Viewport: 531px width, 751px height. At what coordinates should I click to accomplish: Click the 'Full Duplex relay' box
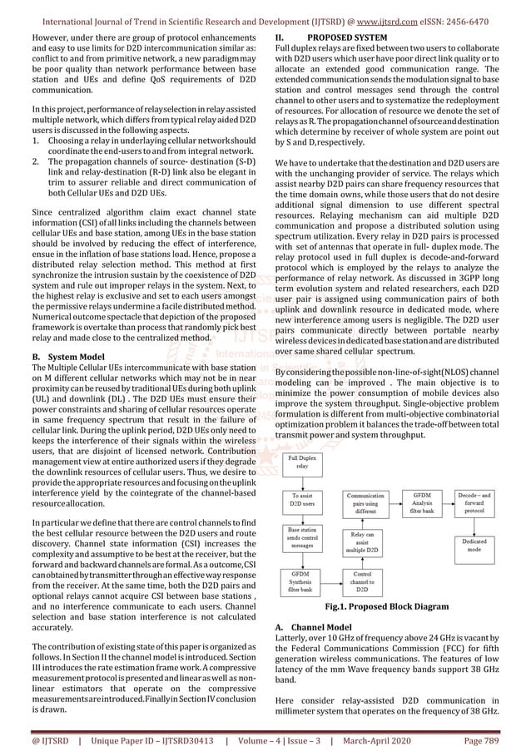(303, 463)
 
